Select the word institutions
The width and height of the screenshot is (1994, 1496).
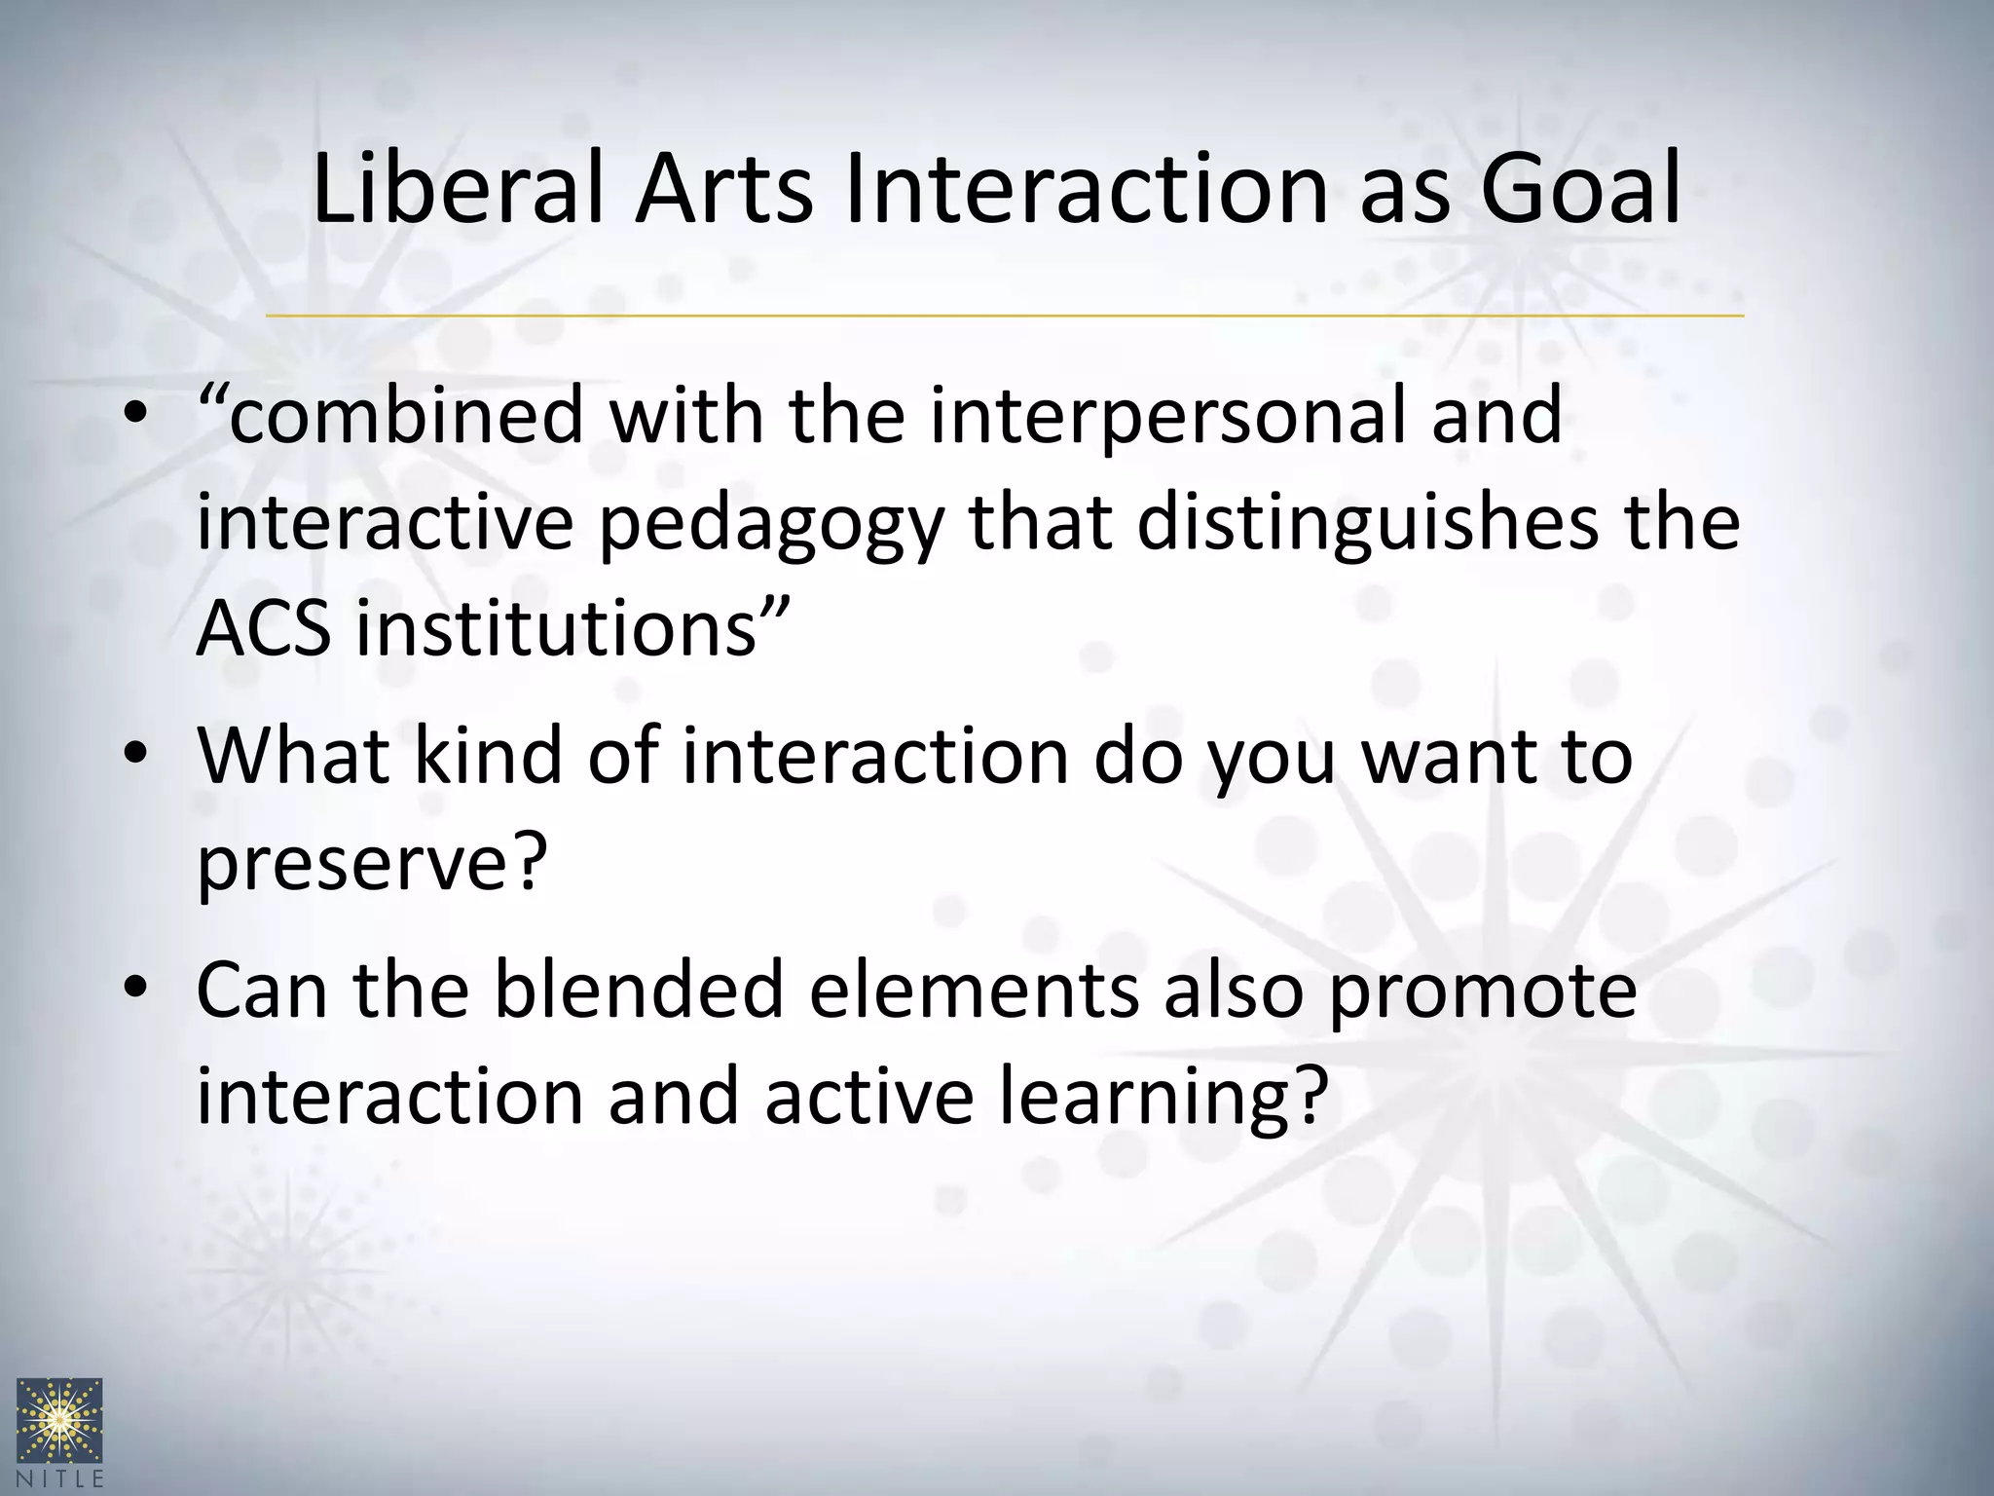click(x=556, y=628)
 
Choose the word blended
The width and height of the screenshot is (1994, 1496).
click(x=639, y=990)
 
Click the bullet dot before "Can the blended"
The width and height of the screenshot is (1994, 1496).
click(x=135, y=990)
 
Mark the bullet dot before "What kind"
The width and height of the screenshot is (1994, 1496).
click(x=135, y=756)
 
